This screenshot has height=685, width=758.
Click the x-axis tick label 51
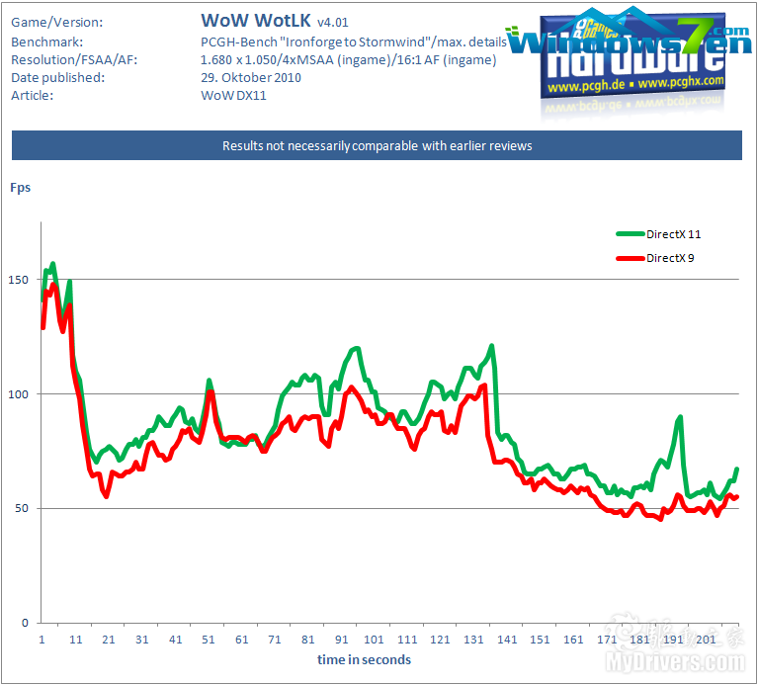tap(209, 640)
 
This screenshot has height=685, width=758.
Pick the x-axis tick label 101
tap(375, 640)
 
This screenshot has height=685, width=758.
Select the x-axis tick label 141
tap(508, 640)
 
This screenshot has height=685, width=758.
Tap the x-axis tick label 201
tap(707, 640)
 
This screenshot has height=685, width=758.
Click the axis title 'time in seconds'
tap(364, 659)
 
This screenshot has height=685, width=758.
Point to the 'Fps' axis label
tap(20, 186)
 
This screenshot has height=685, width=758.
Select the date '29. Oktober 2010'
tap(251, 78)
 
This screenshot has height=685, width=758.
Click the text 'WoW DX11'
tap(233, 96)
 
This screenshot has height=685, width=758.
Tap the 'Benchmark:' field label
tap(47, 43)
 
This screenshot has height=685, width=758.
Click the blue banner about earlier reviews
tap(377, 145)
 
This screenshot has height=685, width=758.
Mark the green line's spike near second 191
tap(680, 417)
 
